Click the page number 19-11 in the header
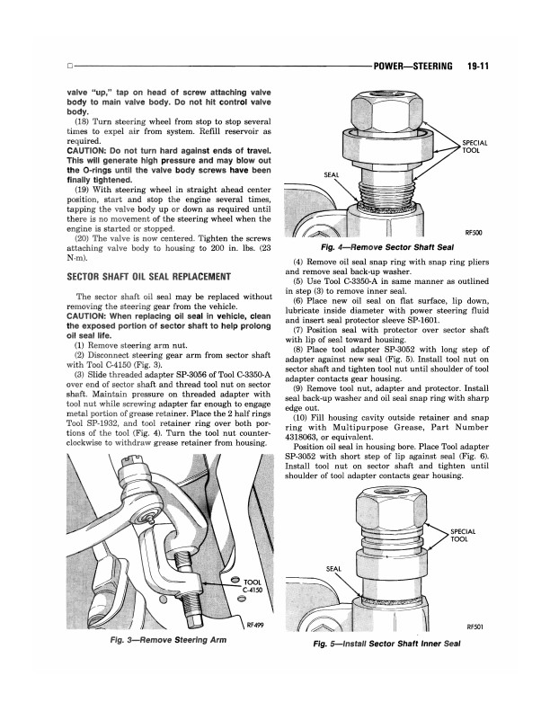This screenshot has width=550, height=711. pos(477,67)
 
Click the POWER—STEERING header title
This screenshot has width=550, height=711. pos(412,67)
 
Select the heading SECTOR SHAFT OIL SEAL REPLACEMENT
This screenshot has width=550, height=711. pos(148,277)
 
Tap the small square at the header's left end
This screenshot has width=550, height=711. pos(70,67)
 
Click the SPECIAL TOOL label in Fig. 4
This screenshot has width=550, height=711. pos(475,147)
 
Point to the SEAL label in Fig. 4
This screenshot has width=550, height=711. pos(331,174)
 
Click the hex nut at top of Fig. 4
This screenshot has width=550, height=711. pos(388,109)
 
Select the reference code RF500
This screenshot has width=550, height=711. pos(474,233)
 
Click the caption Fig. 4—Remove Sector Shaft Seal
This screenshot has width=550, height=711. pos(386,247)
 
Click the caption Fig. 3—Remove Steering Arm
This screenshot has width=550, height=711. pos(170,640)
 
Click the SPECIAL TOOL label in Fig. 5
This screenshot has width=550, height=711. pos(463,536)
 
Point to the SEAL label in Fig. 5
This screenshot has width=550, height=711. pos(333,569)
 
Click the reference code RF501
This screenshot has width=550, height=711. pos(475,627)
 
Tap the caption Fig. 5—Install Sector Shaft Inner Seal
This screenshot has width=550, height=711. pos(386,644)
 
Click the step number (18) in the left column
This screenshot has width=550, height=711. pos(81,121)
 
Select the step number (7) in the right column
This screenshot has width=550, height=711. pos(297,330)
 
